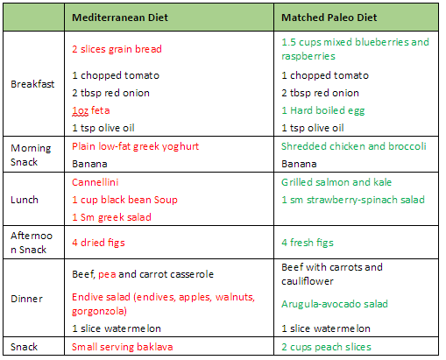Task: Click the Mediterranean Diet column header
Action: [x=120, y=18]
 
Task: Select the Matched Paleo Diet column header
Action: [x=329, y=18]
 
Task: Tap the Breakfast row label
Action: [x=32, y=84]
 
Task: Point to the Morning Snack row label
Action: [x=31, y=155]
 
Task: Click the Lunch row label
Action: [x=25, y=200]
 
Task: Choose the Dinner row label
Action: [x=26, y=299]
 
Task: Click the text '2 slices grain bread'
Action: [x=117, y=49]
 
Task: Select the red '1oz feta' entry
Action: [x=91, y=110]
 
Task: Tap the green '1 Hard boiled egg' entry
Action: [x=323, y=110]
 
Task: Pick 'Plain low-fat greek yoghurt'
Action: [x=135, y=146]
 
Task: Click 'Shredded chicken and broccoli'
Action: [x=354, y=146]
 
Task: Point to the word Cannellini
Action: [x=96, y=182]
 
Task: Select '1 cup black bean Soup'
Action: [x=124, y=200]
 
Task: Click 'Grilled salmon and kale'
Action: [x=336, y=182]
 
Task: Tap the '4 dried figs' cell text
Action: [x=98, y=243]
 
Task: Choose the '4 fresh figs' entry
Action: [x=308, y=243]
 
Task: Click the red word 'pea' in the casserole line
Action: [x=107, y=275]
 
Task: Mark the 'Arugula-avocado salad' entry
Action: [x=335, y=304]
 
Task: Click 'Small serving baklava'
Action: [x=123, y=347]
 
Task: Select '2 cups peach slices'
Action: [x=326, y=347]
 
